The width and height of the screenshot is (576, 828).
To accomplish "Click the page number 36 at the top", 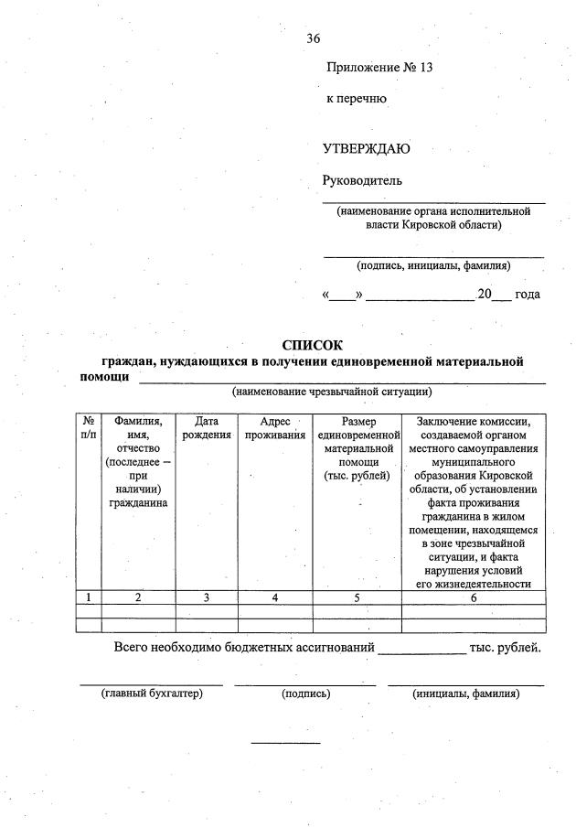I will [314, 38].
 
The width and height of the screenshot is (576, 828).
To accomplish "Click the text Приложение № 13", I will [379, 68].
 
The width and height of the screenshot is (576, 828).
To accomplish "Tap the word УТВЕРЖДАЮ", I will [366, 149].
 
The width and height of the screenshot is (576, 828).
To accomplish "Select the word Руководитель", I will [362, 180].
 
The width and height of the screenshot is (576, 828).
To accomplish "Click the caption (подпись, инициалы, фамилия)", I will [433, 265].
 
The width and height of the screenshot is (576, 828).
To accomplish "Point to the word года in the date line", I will [527, 295].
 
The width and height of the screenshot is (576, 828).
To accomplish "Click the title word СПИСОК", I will [313, 345].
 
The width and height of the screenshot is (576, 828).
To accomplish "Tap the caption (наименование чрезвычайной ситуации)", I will [331, 392].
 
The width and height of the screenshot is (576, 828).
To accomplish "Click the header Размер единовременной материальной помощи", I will [357, 448].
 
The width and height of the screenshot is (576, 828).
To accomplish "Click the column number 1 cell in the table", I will [89, 597].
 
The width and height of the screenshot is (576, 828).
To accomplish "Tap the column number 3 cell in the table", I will [206, 597].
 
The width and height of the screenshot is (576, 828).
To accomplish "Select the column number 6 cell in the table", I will [474, 597].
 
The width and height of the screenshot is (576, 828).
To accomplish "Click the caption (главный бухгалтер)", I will [151, 694].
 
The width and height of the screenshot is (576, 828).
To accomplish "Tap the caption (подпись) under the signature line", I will [306, 694].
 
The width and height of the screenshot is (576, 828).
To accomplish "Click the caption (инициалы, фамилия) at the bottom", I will [466, 694].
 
